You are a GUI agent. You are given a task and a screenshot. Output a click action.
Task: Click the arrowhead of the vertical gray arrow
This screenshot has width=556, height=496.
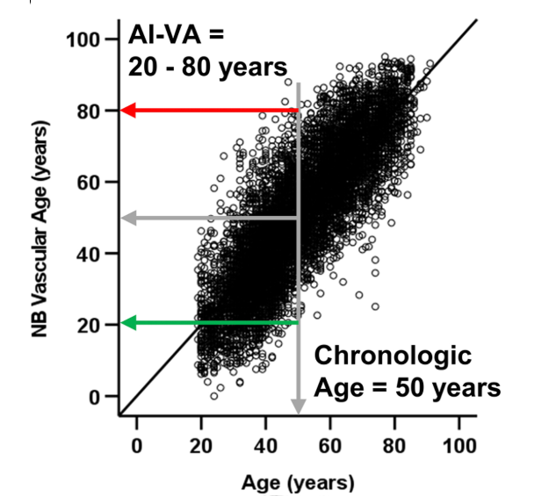(299, 406)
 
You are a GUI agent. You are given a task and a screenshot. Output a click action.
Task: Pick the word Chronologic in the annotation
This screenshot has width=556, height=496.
(393, 356)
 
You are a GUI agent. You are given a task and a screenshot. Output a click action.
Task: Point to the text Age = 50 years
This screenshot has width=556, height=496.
(407, 387)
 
